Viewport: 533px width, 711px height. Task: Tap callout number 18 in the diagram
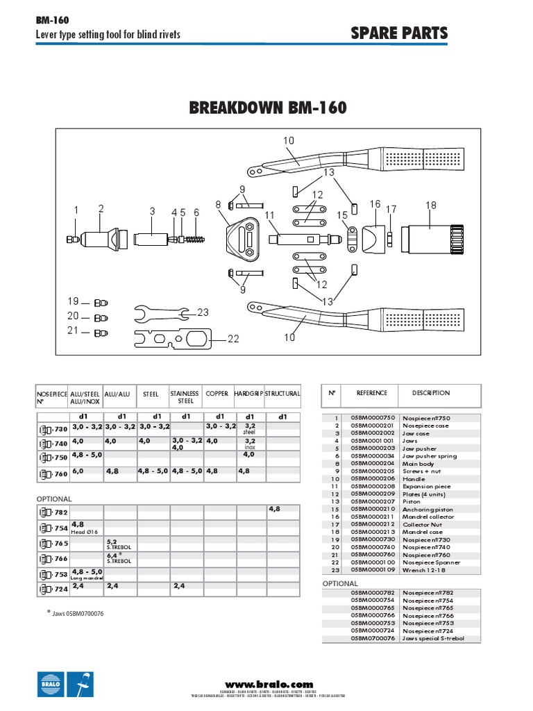pos(431,205)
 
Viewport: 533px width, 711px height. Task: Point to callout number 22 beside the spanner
pos(233,339)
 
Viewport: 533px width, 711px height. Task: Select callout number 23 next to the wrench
pos(203,312)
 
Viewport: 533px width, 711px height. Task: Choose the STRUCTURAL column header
pos(282,393)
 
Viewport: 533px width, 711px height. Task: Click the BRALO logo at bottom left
pos(50,684)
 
